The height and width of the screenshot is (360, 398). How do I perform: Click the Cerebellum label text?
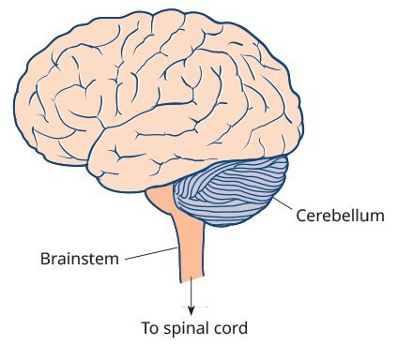(340, 216)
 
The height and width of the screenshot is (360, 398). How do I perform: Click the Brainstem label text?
(80, 258)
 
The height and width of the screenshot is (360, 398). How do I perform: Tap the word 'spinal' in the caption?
(188, 329)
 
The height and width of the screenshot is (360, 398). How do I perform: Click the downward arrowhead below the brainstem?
(191, 309)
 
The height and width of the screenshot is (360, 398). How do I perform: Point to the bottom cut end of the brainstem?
(191, 280)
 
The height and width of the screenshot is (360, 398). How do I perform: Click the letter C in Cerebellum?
(301, 216)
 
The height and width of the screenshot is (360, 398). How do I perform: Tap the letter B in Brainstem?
(45, 258)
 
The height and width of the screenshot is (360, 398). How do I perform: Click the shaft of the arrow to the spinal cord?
(191, 295)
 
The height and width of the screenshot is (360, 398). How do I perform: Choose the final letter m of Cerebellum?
(378, 216)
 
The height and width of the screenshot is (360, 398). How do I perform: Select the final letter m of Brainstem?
(114, 258)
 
